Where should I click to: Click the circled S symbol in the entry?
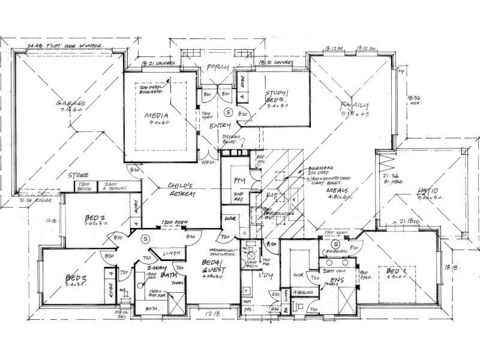coord(227,112)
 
